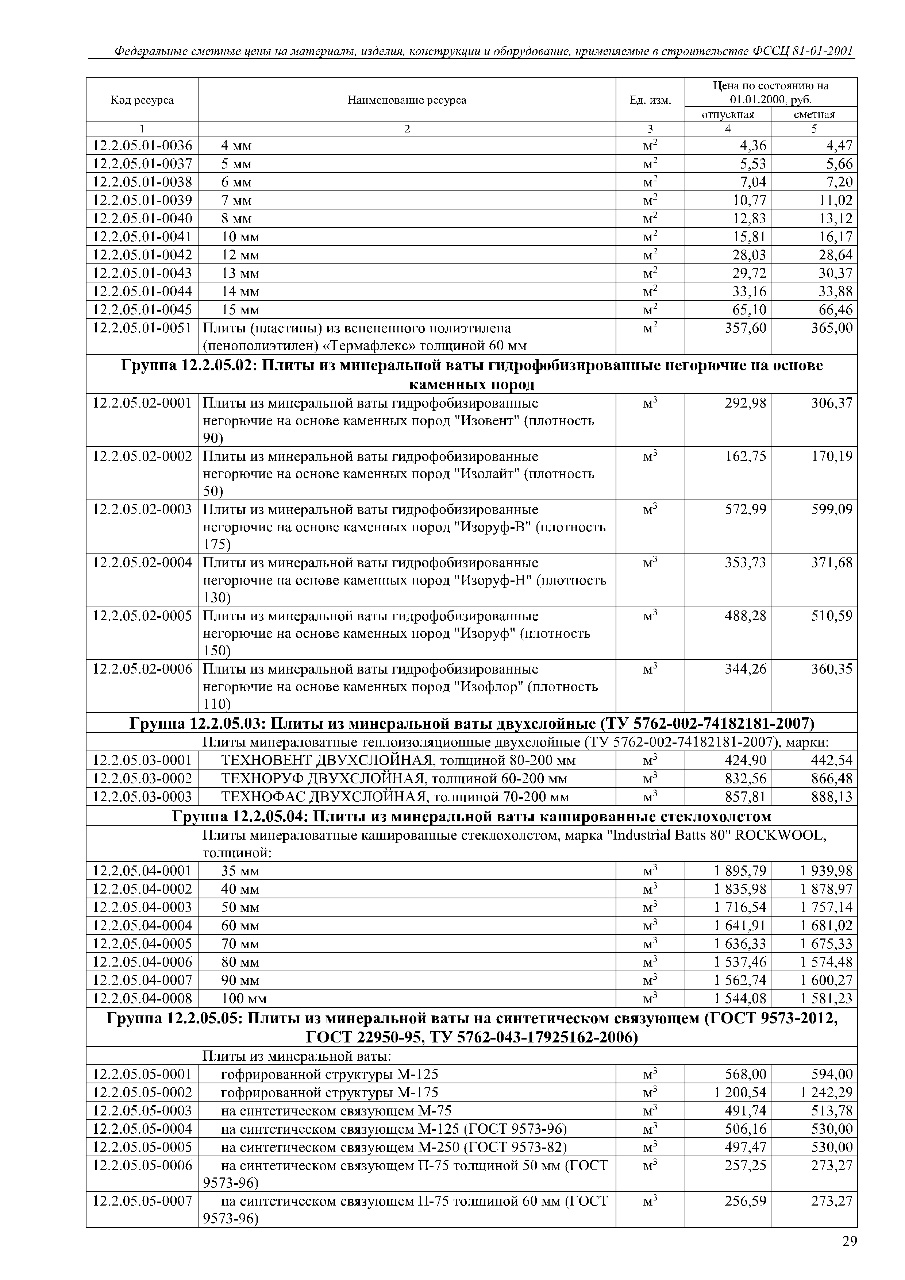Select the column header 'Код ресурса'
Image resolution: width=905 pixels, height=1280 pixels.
[142, 100]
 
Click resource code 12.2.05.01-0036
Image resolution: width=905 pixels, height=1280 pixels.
[142, 146]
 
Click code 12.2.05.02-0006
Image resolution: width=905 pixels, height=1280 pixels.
[142, 668]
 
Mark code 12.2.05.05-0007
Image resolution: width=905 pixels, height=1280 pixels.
[142, 1201]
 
